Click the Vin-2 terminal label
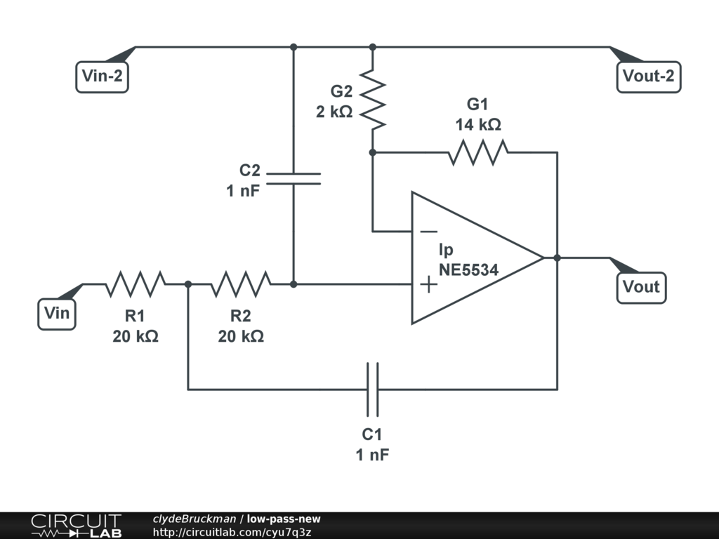click(x=102, y=76)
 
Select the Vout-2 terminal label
click(x=648, y=76)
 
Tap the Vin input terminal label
click(x=57, y=314)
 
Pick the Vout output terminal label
click(x=641, y=287)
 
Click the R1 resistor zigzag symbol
click(x=136, y=284)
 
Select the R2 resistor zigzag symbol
click(x=241, y=284)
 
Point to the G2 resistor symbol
click(x=372, y=99)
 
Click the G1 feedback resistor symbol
click(x=477, y=152)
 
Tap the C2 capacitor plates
click(x=293, y=179)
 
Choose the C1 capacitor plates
click(x=373, y=390)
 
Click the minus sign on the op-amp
click(x=428, y=232)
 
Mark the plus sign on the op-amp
click(x=428, y=285)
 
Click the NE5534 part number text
click(x=468, y=270)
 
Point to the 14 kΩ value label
click(x=477, y=125)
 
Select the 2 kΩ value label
click(x=334, y=112)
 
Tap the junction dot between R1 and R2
click(x=188, y=285)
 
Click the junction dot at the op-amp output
click(x=557, y=258)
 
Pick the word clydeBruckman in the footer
click(x=194, y=519)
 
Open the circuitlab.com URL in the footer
click(x=232, y=532)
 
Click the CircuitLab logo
click(x=76, y=526)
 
